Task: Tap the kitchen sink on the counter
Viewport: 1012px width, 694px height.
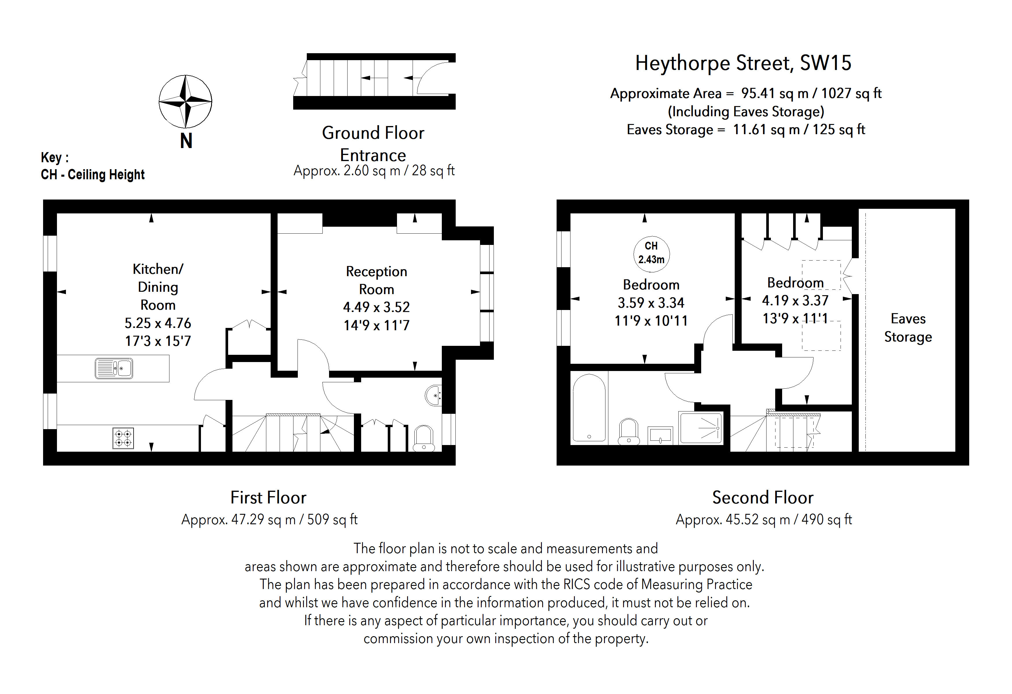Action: pos(114,368)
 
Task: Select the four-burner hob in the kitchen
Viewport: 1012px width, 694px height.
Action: pos(123,438)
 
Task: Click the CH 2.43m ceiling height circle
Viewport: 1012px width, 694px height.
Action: pos(651,253)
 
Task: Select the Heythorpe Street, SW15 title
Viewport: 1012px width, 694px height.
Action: pos(743,63)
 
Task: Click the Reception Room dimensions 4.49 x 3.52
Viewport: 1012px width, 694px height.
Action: pos(376,307)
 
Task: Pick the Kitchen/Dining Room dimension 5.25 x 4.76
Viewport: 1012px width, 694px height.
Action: pos(158,323)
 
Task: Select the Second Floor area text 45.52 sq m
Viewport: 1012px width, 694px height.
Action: pos(763,519)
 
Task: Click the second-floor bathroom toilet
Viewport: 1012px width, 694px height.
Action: pos(629,431)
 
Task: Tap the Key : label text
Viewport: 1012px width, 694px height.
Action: pos(54,157)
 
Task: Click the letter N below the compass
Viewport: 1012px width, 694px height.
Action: pos(186,141)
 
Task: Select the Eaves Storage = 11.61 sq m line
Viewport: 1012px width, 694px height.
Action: pos(745,130)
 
